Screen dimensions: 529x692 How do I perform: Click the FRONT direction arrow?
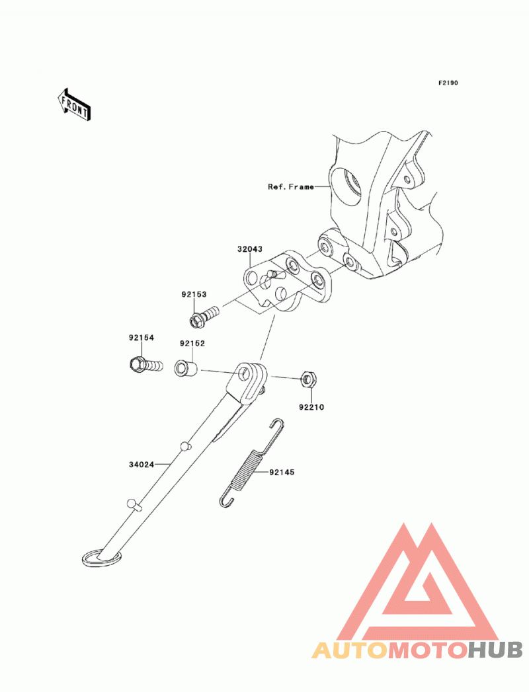(74, 104)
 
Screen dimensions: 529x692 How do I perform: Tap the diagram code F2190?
(448, 83)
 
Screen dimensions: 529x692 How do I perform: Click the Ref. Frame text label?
(291, 186)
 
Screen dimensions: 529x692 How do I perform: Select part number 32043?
(249, 249)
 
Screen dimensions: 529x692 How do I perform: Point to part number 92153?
(194, 294)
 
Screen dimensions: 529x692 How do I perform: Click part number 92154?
(142, 338)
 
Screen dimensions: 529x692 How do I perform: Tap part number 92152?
(192, 343)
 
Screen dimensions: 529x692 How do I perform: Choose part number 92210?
(311, 407)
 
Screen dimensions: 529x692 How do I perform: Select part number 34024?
(142, 465)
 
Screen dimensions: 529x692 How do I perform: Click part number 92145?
(282, 472)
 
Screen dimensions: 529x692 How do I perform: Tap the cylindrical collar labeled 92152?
(186, 368)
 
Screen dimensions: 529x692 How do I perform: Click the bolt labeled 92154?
(146, 365)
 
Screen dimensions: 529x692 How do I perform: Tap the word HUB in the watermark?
(495, 650)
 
